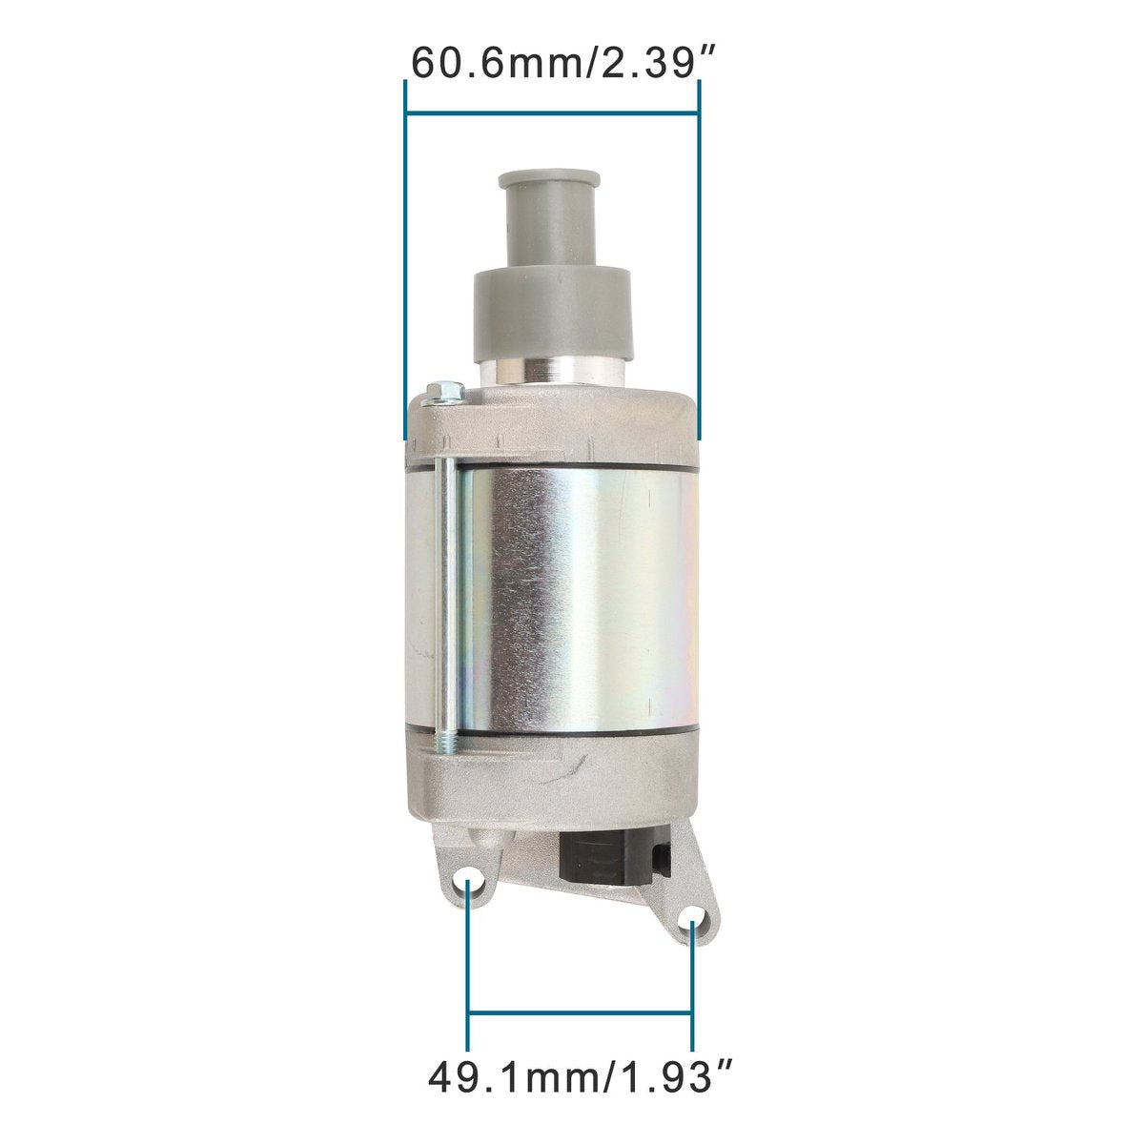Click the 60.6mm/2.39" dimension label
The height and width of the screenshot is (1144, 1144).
(565, 64)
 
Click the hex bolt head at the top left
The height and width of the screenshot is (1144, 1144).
(444, 393)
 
